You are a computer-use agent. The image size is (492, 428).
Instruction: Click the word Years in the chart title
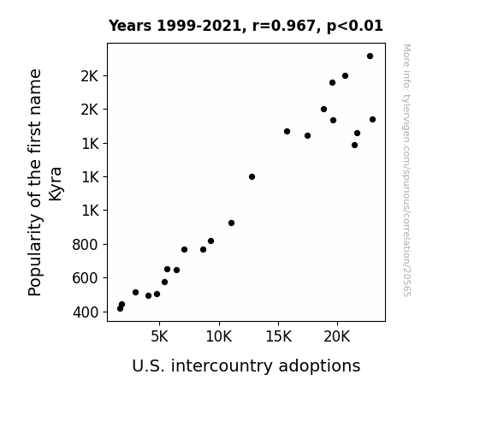tap(130, 26)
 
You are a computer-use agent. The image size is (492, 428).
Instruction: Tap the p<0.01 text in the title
tap(355, 27)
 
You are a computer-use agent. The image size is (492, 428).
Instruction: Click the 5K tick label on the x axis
tap(159, 336)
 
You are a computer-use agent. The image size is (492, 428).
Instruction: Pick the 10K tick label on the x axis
tap(219, 336)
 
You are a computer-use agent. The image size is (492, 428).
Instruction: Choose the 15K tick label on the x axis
tap(278, 336)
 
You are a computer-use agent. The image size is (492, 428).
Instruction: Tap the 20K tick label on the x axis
tap(337, 336)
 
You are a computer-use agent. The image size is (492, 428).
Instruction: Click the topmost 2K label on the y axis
tap(90, 76)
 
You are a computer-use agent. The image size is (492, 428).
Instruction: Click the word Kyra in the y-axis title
tap(56, 184)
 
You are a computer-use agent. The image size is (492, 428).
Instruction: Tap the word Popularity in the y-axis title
tap(35, 255)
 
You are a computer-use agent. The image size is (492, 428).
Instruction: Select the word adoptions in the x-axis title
tap(319, 366)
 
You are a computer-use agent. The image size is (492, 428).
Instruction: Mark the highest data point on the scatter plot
tap(370, 56)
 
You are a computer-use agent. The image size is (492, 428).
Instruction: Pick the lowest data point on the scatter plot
tap(120, 309)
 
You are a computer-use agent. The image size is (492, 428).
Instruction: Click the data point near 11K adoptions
tap(231, 223)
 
